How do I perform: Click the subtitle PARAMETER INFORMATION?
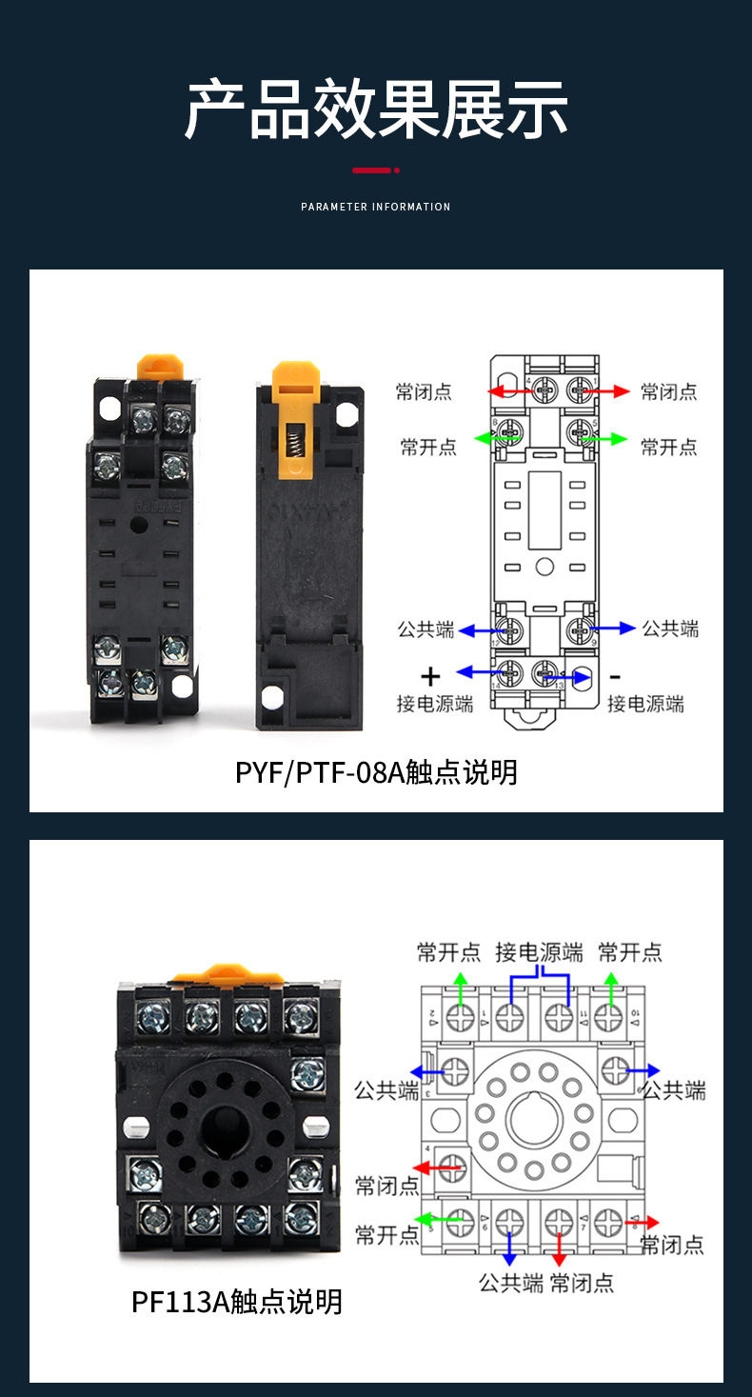(376, 207)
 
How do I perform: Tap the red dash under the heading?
(372, 170)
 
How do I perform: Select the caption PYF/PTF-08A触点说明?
(376, 771)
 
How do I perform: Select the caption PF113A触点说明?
(237, 1301)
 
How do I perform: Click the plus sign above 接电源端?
(431, 676)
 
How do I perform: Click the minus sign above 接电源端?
(615, 676)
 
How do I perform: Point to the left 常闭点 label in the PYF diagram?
(425, 391)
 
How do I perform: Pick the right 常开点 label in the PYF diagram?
(668, 447)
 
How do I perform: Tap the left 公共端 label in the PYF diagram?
(425, 629)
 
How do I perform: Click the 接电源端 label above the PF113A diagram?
(539, 951)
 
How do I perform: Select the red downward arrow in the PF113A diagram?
(559, 1249)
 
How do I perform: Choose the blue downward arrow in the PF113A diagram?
(511, 1249)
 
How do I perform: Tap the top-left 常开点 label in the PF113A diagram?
(448, 951)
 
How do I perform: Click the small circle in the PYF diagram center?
(544, 568)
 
